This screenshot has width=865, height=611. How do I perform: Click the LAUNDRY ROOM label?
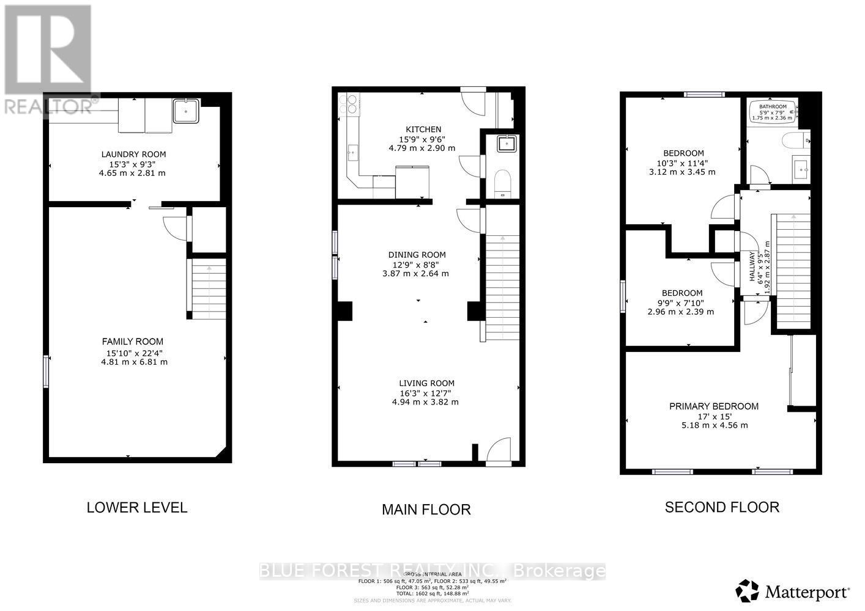coord(133,155)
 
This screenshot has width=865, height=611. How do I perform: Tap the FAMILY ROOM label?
coord(133,342)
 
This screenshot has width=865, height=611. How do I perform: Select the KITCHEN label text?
coord(423,130)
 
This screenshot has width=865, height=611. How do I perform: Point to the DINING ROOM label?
coord(417,255)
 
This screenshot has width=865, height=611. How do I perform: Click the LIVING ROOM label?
coord(425,383)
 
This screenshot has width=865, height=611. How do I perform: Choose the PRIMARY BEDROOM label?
coord(713,406)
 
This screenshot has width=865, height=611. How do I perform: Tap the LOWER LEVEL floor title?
coord(137,507)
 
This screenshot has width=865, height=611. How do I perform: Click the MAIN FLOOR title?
coord(426,509)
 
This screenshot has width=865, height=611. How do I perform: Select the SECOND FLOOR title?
coord(722,507)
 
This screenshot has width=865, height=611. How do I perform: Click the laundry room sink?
coord(185,111)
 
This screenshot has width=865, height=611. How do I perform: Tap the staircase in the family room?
coord(209,288)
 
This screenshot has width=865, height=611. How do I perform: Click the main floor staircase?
coord(502,287)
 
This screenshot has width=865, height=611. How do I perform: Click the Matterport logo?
coord(793,591)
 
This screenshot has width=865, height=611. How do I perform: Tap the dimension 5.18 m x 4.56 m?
coord(713,425)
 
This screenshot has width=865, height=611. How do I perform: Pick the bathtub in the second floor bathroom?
coord(773,112)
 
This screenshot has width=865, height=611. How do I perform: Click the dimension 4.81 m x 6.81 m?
coord(134,362)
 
